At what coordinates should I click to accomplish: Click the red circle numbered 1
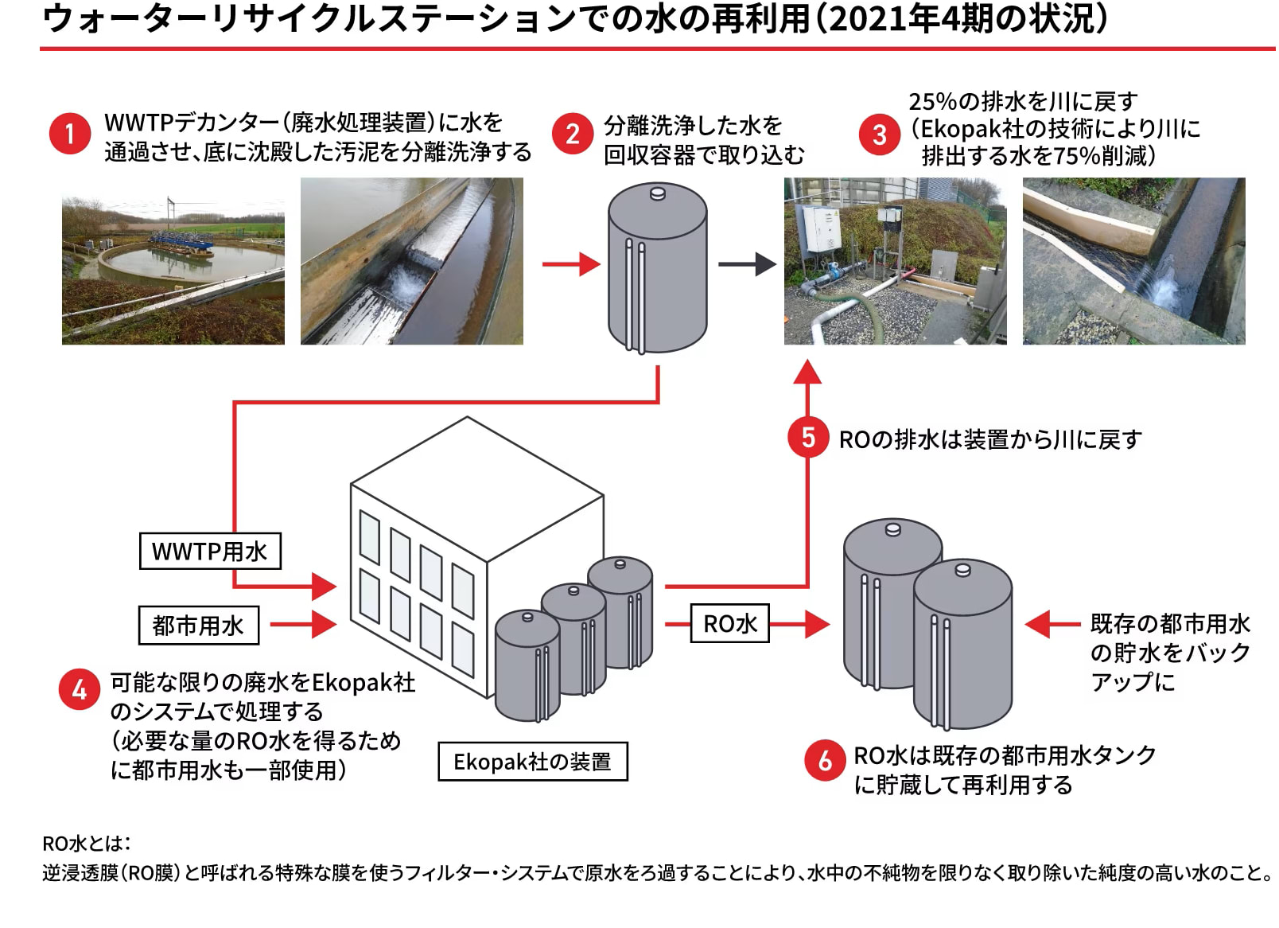tap(69, 133)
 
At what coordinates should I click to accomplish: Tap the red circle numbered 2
tap(573, 133)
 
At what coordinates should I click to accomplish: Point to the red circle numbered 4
tap(79, 689)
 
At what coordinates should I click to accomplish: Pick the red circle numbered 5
tap(808, 437)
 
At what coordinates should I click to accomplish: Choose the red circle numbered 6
tap(825, 760)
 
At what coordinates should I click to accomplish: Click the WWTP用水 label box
tap(210, 551)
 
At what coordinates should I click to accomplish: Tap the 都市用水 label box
tap(198, 625)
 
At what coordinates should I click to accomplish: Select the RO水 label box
tap(730, 623)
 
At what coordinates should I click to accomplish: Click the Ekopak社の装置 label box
tap(532, 761)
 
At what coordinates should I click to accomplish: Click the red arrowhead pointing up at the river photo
tap(808, 372)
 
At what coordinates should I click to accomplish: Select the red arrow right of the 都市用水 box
tap(303, 624)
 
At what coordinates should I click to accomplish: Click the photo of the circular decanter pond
tap(173, 261)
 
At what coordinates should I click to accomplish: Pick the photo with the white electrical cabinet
tap(895, 261)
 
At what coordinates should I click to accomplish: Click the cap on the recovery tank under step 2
tap(657, 192)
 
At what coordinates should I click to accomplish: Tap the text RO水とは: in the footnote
tap(87, 843)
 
